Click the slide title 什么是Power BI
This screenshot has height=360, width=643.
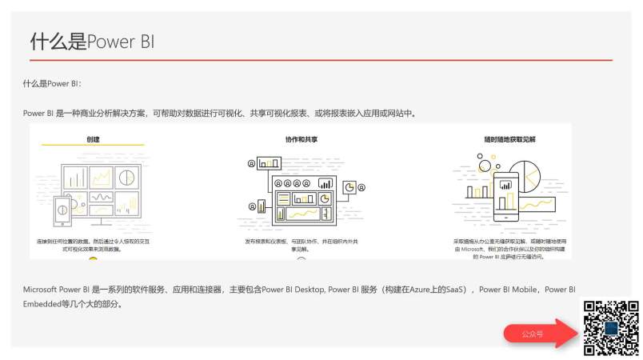[x=92, y=42]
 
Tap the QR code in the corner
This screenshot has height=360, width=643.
[x=611, y=328]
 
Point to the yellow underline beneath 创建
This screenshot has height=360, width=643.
[x=94, y=146]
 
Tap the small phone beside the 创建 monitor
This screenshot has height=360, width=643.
[x=62, y=211]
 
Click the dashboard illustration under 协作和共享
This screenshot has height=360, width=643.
[x=302, y=195]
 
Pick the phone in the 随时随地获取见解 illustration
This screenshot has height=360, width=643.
[x=505, y=197]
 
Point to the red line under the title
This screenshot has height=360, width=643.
[x=320, y=60]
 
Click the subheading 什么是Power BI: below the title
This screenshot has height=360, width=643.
[x=53, y=83]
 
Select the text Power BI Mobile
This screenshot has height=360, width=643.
[x=508, y=290]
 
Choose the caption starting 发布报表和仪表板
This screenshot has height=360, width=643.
[x=301, y=244]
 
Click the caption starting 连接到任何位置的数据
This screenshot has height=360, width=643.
[x=94, y=244]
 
